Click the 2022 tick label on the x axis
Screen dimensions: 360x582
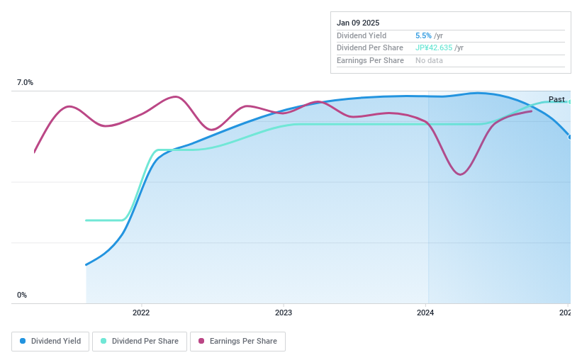click(x=141, y=313)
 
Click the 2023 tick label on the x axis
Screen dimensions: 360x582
click(x=284, y=313)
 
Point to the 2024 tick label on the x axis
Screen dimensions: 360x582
click(x=425, y=313)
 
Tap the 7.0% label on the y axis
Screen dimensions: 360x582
click(x=25, y=83)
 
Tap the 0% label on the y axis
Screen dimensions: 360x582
click(x=22, y=295)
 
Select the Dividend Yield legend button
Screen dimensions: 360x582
click(x=50, y=341)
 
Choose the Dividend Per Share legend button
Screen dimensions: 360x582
click(x=140, y=341)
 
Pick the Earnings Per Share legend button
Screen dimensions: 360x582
click(x=237, y=341)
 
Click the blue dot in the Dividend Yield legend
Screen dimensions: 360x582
click(x=23, y=341)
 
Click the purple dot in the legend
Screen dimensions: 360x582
click(x=201, y=341)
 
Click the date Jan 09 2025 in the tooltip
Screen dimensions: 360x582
click(x=358, y=23)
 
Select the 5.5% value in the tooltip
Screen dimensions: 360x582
click(x=423, y=35)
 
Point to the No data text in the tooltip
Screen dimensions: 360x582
click(x=430, y=61)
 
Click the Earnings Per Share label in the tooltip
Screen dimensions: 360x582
click(x=370, y=61)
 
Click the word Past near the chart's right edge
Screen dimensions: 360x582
click(x=556, y=99)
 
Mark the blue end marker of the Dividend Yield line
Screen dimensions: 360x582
click(x=570, y=136)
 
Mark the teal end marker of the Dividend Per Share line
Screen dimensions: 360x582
click(x=570, y=101)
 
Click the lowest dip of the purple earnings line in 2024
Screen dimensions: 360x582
click(x=460, y=174)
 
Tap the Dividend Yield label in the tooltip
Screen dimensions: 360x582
click(x=362, y=35)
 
